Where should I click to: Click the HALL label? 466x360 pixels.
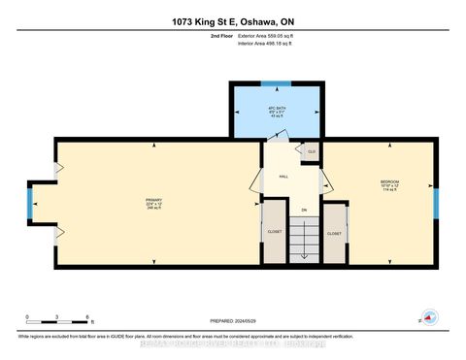283,177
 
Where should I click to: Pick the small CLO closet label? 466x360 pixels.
311,152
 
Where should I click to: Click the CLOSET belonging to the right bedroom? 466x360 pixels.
335,234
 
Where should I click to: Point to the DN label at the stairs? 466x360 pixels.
303,210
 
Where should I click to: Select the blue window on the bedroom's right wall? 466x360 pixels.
436,204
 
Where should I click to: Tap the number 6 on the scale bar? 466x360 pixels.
87,317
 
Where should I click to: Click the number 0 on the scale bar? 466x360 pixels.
28,317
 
